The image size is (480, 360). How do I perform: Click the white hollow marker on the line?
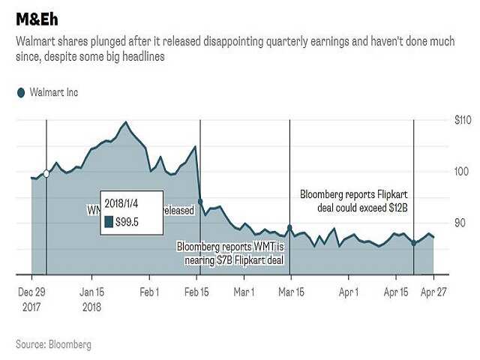point(46,173)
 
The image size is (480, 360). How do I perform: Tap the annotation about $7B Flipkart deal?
point(231,253)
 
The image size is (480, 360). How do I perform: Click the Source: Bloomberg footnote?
point(53,344)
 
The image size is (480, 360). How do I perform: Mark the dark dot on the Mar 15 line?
point(290,228)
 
